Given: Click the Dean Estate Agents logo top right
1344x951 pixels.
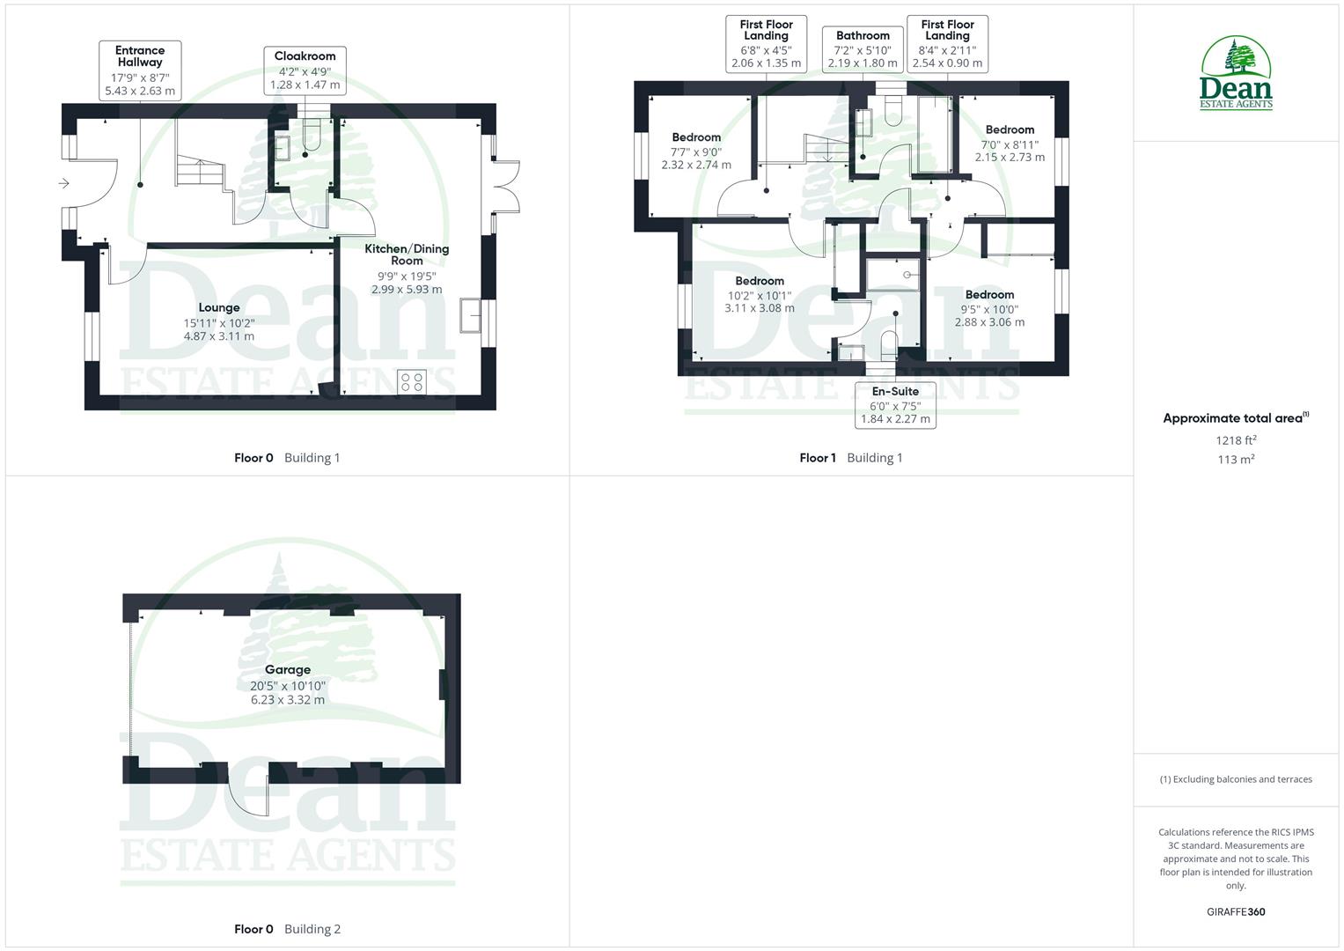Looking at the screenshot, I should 1236,74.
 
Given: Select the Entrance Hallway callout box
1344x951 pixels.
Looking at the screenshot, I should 140,70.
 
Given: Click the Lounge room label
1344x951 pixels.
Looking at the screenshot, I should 219,321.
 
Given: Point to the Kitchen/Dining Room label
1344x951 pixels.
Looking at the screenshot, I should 407,268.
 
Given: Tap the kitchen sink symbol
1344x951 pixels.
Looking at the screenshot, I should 470,315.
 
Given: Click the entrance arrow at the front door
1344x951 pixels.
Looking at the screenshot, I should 64,183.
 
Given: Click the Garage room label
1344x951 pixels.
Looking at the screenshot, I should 287,684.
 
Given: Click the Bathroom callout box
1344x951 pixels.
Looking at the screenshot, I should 863,49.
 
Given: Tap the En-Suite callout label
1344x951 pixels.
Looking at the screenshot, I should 895,405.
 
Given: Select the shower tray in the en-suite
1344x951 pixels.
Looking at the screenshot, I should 892,274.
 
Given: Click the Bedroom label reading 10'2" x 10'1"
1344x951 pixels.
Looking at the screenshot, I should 759,294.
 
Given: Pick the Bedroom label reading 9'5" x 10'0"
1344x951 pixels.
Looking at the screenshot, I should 989,308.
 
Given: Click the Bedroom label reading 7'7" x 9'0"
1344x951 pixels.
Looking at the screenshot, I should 696,151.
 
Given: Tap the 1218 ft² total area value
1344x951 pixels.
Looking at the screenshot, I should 1236,440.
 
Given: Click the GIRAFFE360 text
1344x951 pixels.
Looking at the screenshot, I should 1236,911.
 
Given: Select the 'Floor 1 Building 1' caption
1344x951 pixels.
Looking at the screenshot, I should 850,458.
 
